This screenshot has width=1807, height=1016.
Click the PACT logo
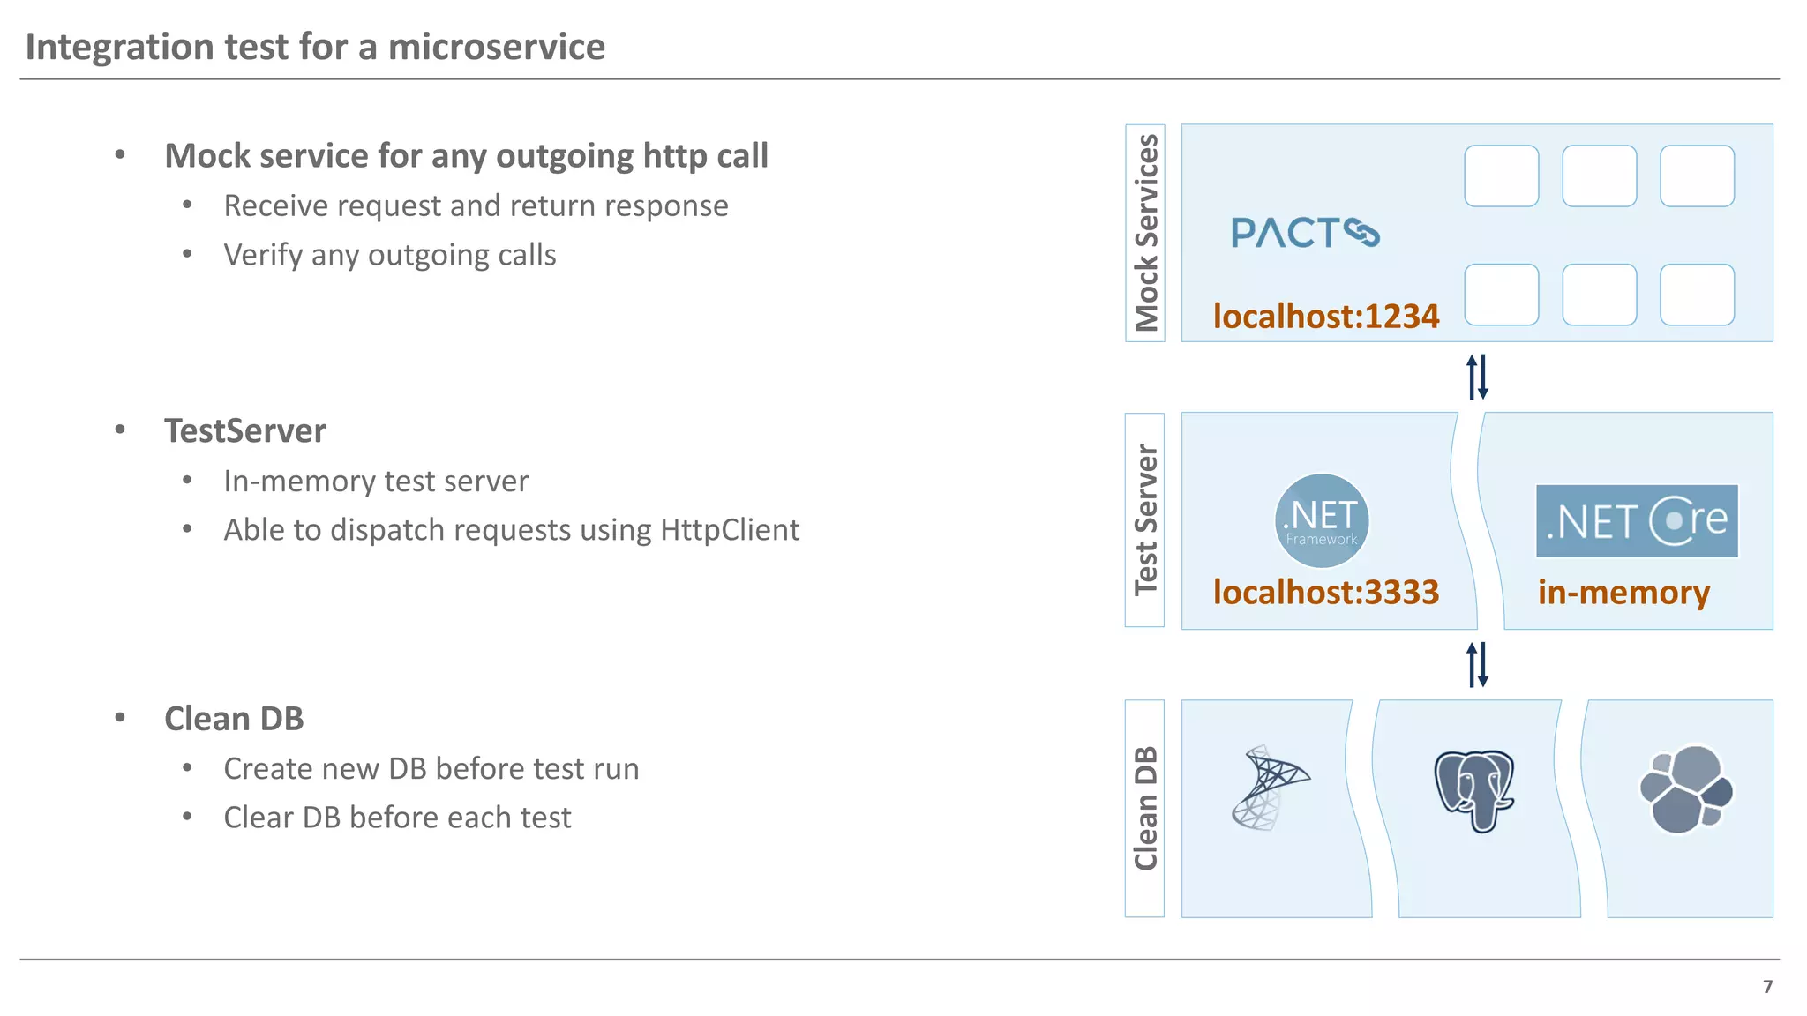pyautogui.click(x=1304, y=233)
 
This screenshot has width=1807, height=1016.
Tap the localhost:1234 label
pyautogui.click(x=1325, y=316)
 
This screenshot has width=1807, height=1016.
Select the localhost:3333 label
pyautogui.click(x=1325, y=592)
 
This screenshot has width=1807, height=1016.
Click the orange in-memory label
pyautogui.click(x=1623, y=592)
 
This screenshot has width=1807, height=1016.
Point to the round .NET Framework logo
pyautogui.click(x=1321, y=521)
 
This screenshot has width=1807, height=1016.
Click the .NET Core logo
pyautogui.click(x=1637, y=520)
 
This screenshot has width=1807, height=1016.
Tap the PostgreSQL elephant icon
pyautogui.click(x=1473, y=790)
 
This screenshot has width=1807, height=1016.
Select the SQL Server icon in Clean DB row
pyautogui.click(x=1269, y=788)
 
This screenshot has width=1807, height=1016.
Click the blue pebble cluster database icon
pyautogui.click(x=1685, y=789)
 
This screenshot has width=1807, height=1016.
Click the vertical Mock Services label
pyautogui.click(x=1145, y=233)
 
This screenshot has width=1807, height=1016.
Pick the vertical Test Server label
pyautogui.click(x=1145, y=520)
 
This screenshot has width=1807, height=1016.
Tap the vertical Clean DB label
pyautogui.click(x=1145, y=808)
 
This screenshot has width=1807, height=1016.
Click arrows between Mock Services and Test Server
pyautogui.click(x=1477, y=377)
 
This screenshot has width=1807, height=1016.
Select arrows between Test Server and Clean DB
pyautogui.click(x=1477, y=664)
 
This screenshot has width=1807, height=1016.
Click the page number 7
pyautogui.click(x=1767, y=987)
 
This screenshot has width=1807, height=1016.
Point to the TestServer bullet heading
pyautogui.click(x=245, y=431)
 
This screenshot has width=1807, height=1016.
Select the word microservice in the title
pyautogui.click(x=496, y=47)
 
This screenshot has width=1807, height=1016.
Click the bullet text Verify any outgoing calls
pyautogui.click(x=389, y=255)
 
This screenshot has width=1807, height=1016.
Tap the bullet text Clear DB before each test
pyautogui.click(x=397, y=818)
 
